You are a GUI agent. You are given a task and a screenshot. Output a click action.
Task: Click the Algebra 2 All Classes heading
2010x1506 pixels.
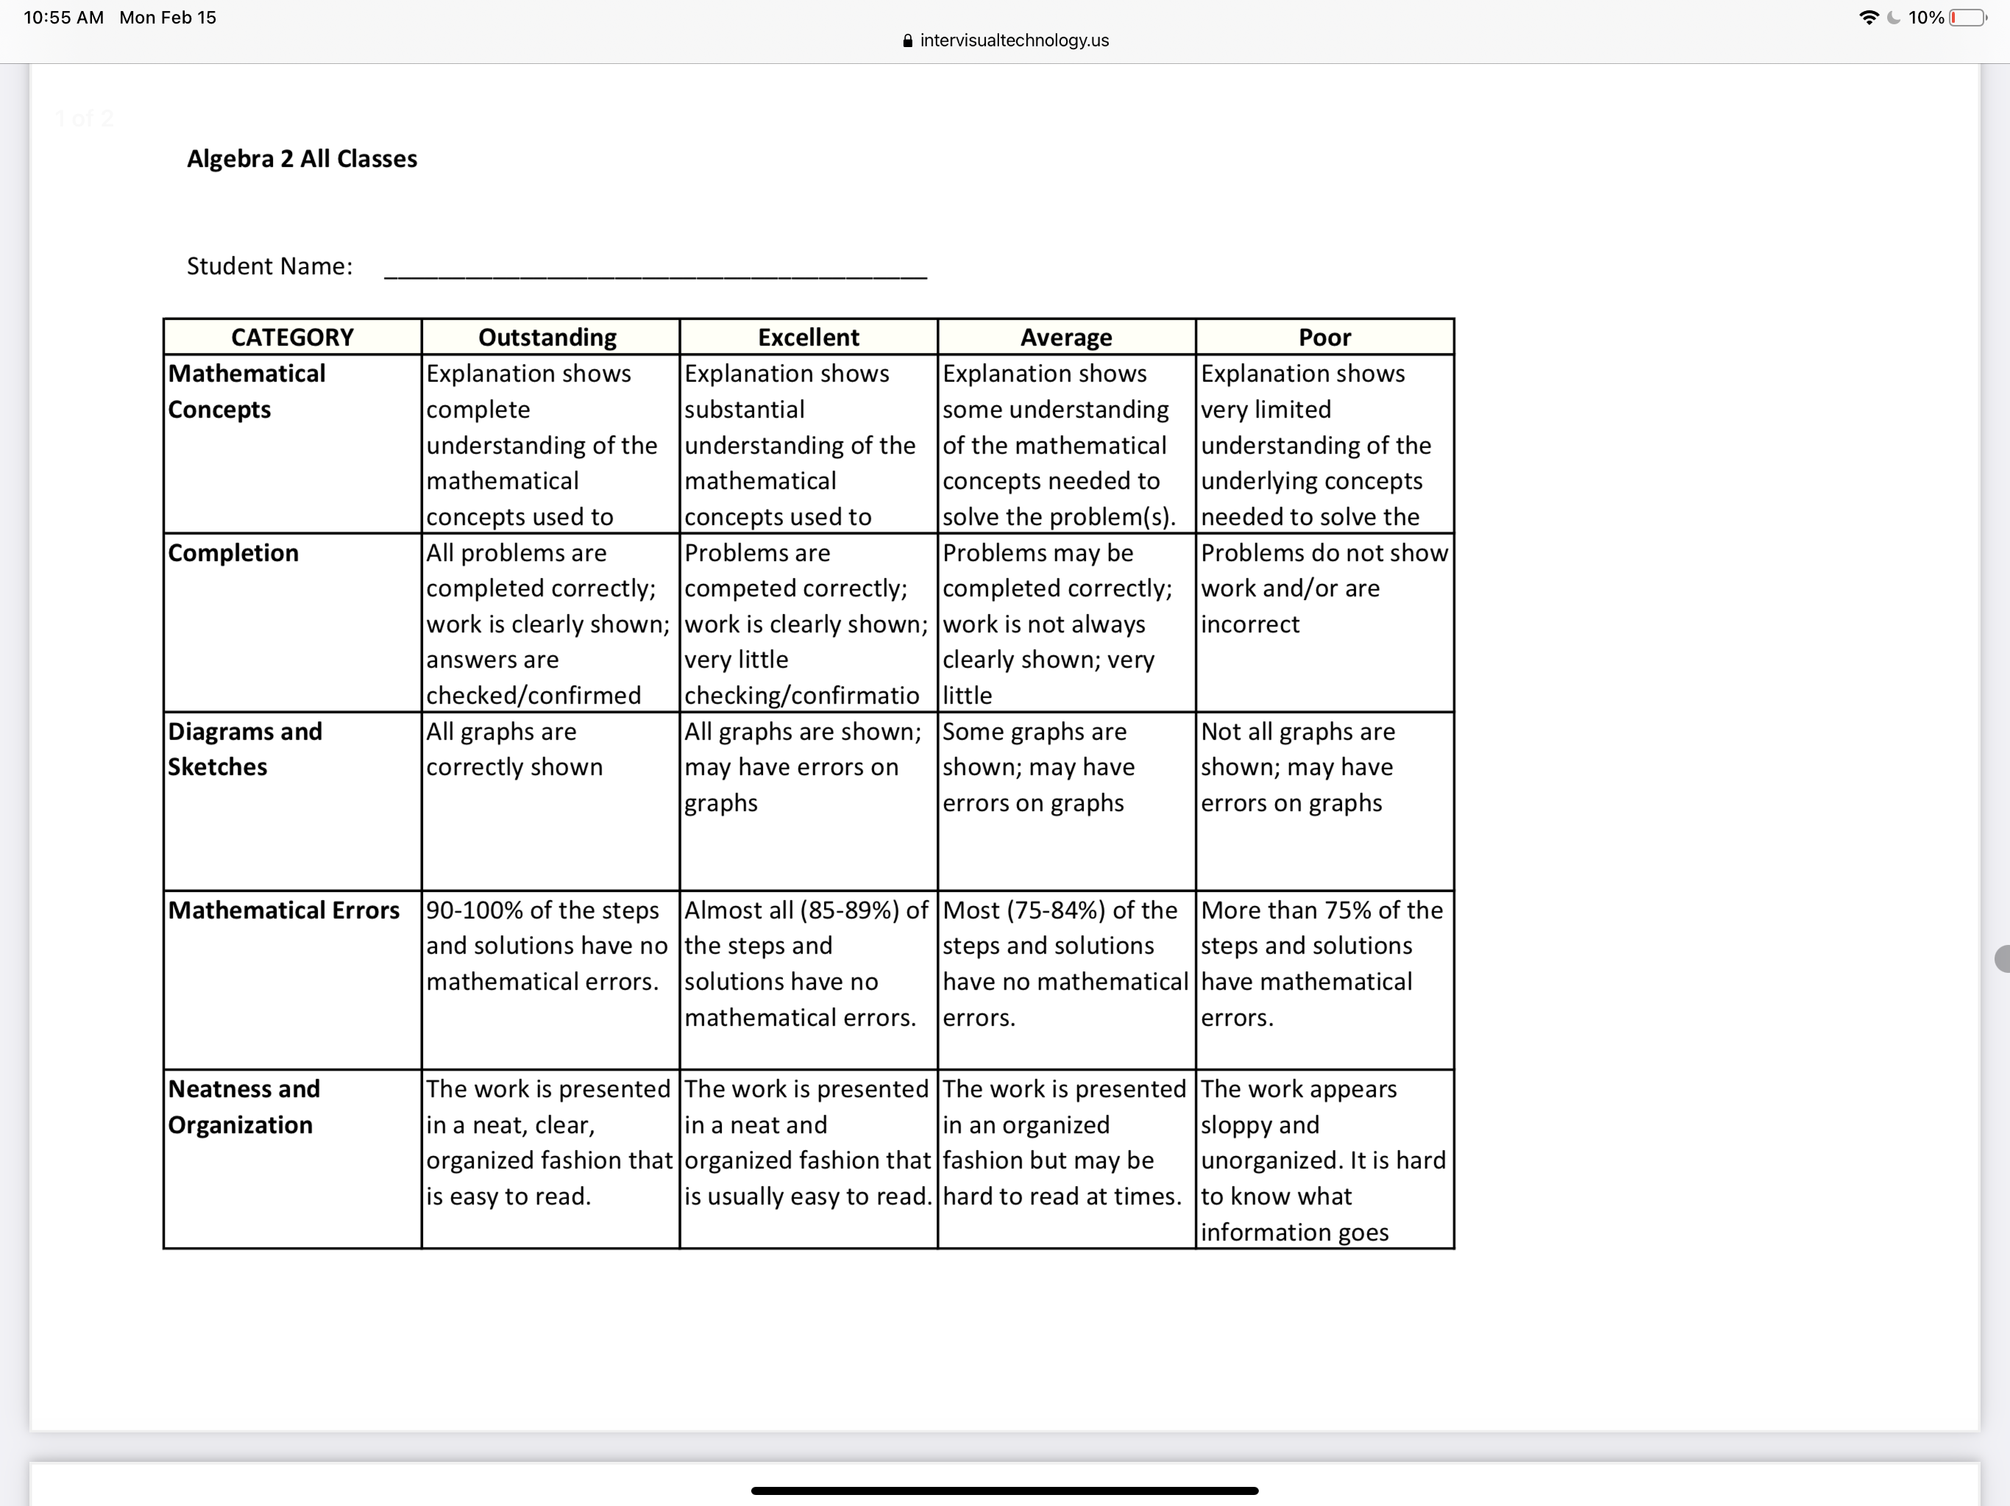pos(302,159)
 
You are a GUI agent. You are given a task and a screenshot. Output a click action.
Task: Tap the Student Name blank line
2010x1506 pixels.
pos(655,271)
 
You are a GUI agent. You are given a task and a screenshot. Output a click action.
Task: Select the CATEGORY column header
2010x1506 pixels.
pos(291,337)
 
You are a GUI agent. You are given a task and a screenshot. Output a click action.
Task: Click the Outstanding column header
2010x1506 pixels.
pos(548,337)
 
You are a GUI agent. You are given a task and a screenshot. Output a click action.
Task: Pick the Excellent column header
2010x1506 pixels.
pos(808,337)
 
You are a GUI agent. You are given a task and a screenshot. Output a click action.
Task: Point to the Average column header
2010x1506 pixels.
pos(1066,337)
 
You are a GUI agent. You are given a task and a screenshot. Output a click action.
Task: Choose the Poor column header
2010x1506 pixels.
pos(1324,337)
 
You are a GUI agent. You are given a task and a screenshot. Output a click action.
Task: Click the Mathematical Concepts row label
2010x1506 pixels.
pos(246,391)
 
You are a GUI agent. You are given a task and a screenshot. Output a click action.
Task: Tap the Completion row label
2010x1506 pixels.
pos(233,553)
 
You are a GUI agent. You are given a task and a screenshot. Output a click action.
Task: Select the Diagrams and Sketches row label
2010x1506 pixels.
pos(244,749)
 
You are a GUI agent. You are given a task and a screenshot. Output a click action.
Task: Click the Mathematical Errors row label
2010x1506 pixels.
pos(283,910)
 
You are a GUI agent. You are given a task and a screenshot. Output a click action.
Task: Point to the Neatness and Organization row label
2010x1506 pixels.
pos(244,1107)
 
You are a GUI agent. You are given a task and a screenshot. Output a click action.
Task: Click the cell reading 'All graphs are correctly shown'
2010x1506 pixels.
pos(514,749)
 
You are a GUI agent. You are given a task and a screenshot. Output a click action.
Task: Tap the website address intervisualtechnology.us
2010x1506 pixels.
pos(1014,40)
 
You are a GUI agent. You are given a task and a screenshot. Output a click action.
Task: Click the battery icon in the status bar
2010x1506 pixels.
pos(1967,17)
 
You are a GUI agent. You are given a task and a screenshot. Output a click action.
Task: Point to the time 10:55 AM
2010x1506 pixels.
pos(63,17)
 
